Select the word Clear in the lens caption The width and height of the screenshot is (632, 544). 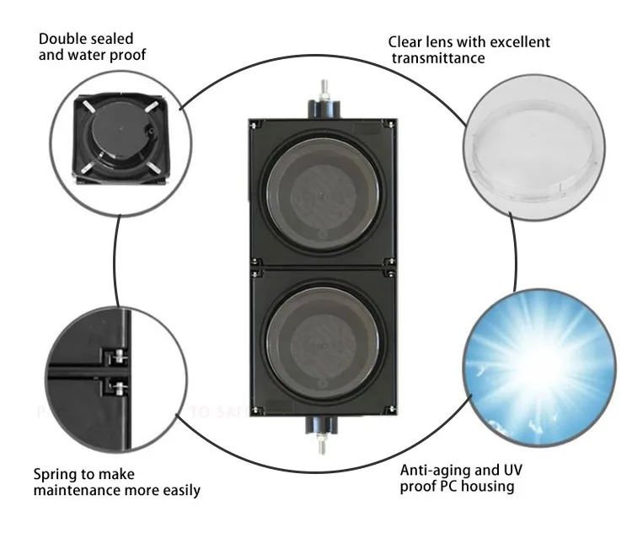pos(405,42)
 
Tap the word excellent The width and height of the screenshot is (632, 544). pos(517,42)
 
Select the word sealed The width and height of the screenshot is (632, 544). pos(113,39)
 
